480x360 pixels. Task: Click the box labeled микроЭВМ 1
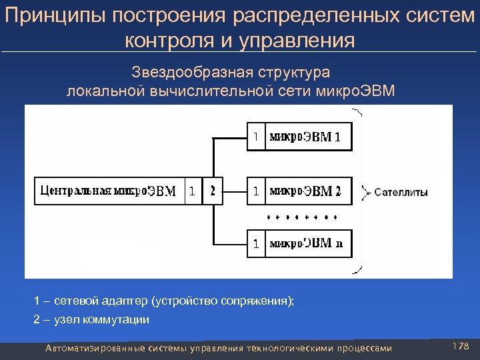click(307, 137)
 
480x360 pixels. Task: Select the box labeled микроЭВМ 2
click(307, 191)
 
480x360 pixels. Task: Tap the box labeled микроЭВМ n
click(307, 243)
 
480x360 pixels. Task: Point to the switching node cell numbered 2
click(213, 191)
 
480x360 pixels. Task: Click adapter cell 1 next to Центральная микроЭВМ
click(191, 191)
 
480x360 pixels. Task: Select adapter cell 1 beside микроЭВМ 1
click(255, 137)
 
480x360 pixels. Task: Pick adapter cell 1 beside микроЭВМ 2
click(255, 191)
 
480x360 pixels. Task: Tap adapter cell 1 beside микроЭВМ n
click(255, 243)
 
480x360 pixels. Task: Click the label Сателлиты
click(401, 193)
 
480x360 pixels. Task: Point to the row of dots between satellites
click(302, 217)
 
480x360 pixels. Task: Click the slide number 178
click(461, 345)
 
